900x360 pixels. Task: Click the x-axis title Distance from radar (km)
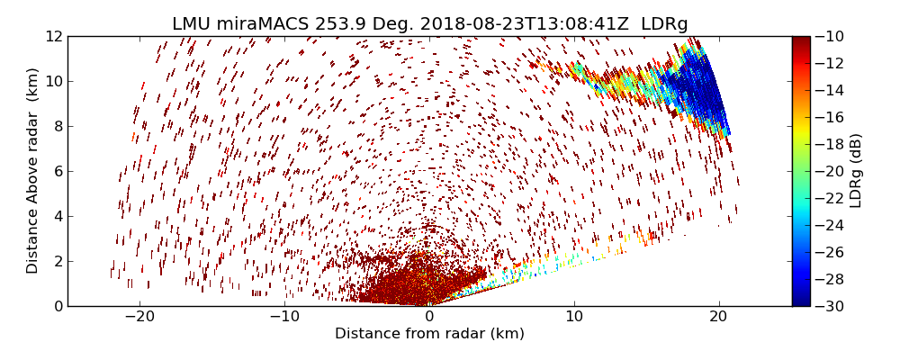429,334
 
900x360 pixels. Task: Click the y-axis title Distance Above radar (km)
33,170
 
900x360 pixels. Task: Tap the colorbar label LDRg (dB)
856,170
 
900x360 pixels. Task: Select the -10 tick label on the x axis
284,317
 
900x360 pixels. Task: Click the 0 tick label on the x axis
429,317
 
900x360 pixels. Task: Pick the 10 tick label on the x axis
574,317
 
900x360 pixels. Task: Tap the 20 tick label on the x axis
718,317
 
